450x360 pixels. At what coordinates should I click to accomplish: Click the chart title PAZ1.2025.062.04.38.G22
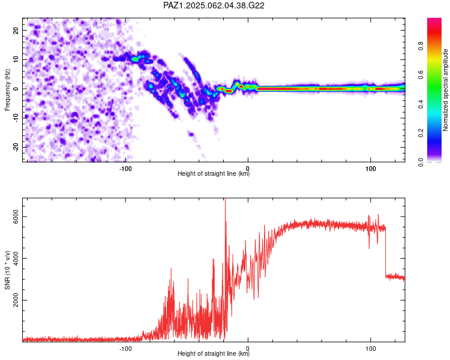(214, 5)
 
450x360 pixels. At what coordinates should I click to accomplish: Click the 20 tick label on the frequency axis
(16, 30)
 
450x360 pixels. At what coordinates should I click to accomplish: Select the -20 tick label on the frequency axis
(16, 147)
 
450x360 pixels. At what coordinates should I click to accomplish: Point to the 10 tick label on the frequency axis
(16, 59)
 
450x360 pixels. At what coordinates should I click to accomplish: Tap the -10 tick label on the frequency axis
(16, 118)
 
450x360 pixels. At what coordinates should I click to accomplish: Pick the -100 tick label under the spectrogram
(125, 169)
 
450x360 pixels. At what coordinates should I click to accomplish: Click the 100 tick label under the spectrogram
(371, 169)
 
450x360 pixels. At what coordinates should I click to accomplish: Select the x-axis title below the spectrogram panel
(214, 173)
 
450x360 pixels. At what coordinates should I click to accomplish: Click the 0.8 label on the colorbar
(421, 46)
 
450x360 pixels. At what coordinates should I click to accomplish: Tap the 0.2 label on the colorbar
(421, 133)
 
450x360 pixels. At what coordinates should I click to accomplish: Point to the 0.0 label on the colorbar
(421, 162)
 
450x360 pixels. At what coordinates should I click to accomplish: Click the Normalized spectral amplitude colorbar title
(445, 90)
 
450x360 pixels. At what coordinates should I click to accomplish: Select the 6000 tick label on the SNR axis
(16, 217)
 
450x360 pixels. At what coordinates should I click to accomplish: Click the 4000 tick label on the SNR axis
(16, 259)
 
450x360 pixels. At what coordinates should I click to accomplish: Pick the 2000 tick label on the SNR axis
(16, 300)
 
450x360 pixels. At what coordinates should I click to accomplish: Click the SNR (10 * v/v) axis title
(7, 270)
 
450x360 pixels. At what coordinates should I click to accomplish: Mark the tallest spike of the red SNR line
(225, 199)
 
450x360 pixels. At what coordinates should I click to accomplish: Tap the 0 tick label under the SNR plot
(248, 349)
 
